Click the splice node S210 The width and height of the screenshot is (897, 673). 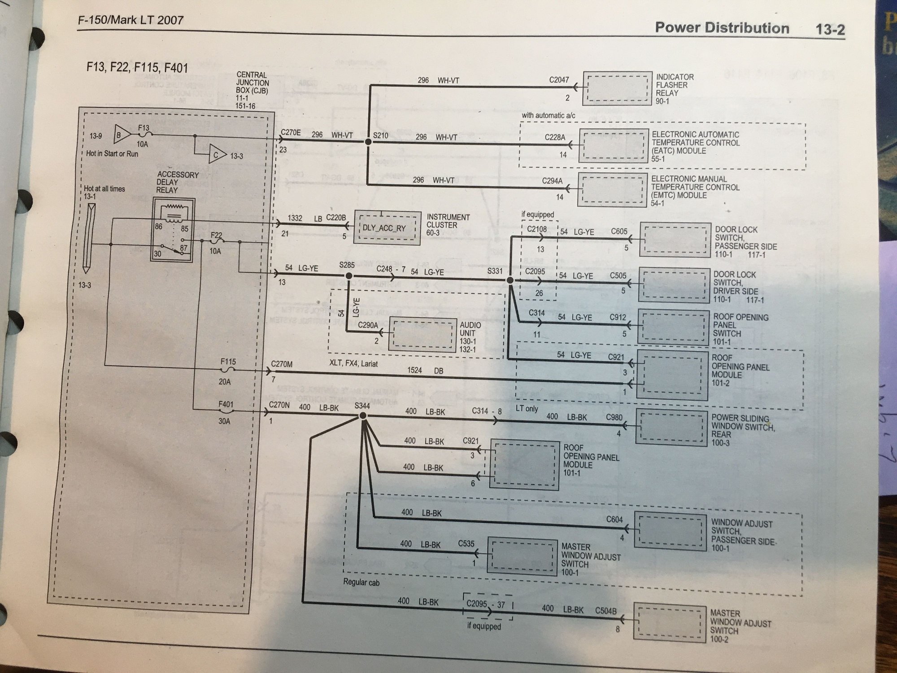pyautogui.click(x=368, y=142)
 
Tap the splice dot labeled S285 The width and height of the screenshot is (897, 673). pyautogui.click(x=348, y=276)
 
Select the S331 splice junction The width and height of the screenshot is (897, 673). pyautogui.click(x=510, y=280)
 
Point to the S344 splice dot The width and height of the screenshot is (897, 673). pyautogui.click(x=363, y=416)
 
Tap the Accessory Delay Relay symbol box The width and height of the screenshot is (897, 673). pyautogui.click(x=172, y=230)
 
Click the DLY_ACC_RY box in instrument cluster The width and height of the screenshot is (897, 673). pyautogui.click(x=387, y=228)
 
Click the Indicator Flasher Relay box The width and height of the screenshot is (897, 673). pyautogui.click(x=618, y=88)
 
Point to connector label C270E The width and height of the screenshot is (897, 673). pyautogui.click(x=290, y=133)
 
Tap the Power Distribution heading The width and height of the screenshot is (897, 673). pyautogui.click(x=722, y=28)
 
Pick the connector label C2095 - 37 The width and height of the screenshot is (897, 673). pyautogui.click(x=486, y=604)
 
